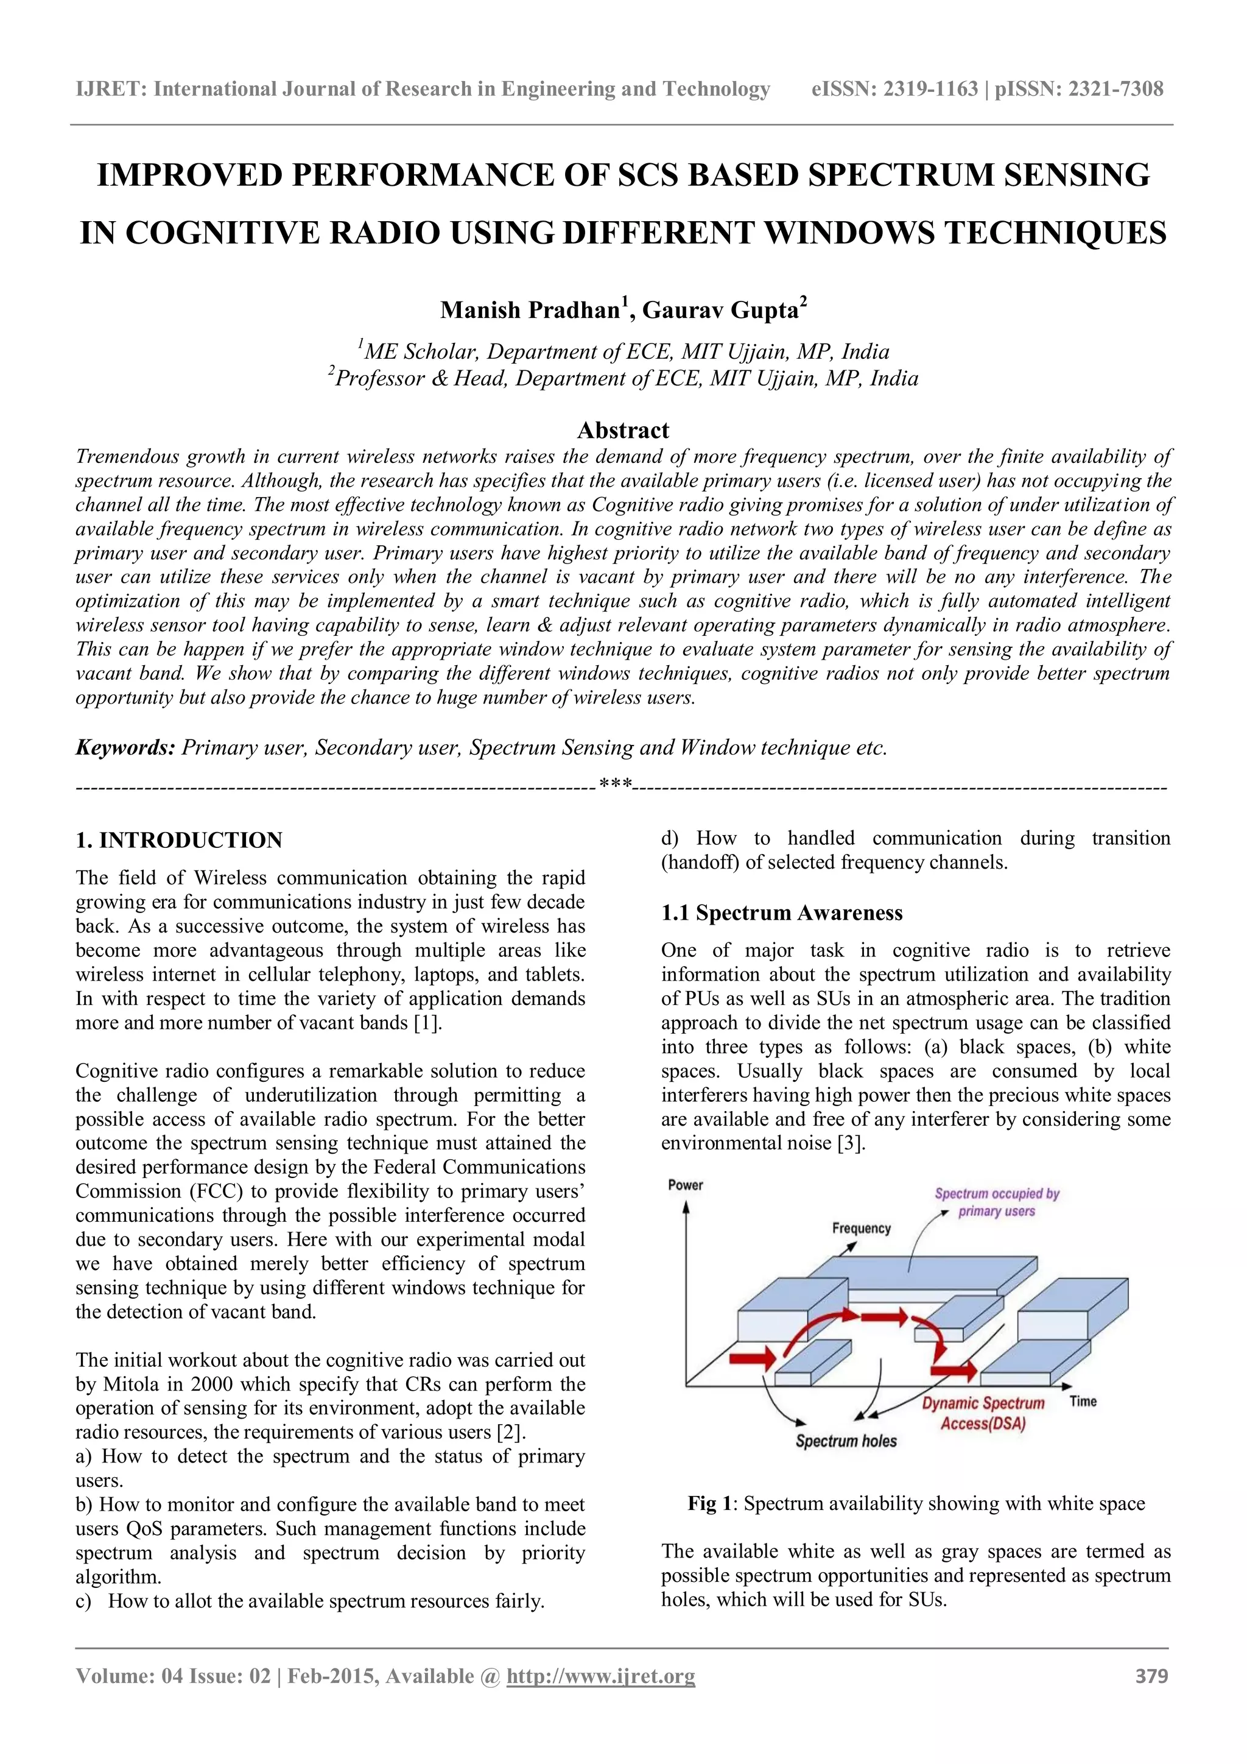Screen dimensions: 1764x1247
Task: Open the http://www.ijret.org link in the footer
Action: (x=600, y=1676)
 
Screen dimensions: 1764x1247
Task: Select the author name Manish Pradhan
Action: (x=530, y=311)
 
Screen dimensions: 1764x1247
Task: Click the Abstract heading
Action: (x=623, y=429)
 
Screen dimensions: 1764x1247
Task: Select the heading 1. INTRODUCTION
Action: (x=179, y=840)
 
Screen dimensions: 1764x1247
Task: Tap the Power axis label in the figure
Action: (x=685, y=1185)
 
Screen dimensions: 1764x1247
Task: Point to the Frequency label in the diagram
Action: (x=861, y=1228)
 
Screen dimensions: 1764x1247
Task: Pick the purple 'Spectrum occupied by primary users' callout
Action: (x=997, y=1202)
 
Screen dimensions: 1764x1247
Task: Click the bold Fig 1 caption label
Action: (x=712, y=1503)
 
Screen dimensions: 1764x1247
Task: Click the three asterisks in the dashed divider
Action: (x=615, y=785)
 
